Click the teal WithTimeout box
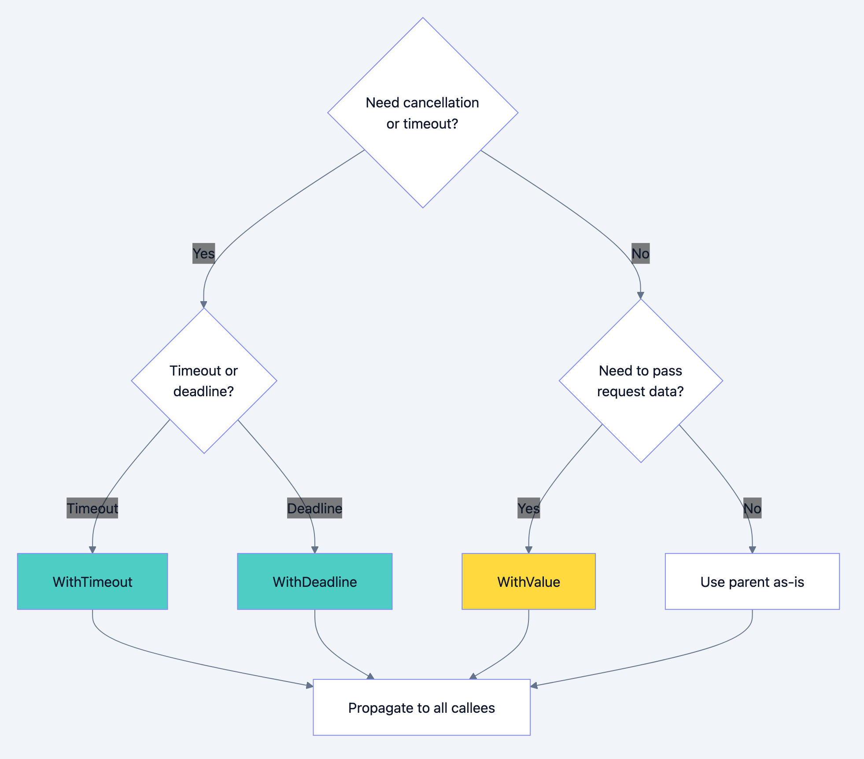coord(92,582)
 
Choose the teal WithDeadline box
coord(314,582)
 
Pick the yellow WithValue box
coord(528,582)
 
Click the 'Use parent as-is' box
coord(752,582)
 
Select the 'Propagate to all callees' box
coord(421,707)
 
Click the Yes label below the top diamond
coord(203,254)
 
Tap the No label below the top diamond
coord(640,254)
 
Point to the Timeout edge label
coord(92,508)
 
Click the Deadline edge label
coord(314,508)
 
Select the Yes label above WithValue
coord(528,508)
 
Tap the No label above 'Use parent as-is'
coord(752,508)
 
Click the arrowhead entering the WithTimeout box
coord(92,550)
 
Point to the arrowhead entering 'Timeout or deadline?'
coord(204,304)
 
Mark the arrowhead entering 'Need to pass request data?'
coord(641,295)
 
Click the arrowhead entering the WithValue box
coord(528,550)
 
